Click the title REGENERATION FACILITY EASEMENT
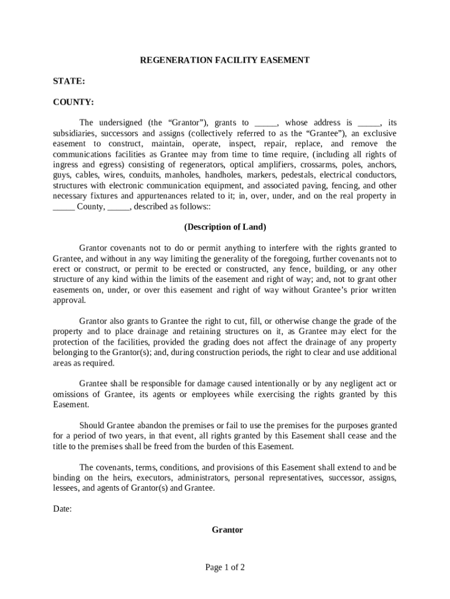point(224,60)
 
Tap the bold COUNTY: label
point(73,102)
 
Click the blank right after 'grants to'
point(266,123)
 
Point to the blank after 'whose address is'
point(368,123)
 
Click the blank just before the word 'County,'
point(63,206)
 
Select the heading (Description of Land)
point(224,227)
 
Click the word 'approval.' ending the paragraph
point(69,300)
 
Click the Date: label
point(62,509)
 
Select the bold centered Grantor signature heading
point(227,530)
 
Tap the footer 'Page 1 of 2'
point(224,567)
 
